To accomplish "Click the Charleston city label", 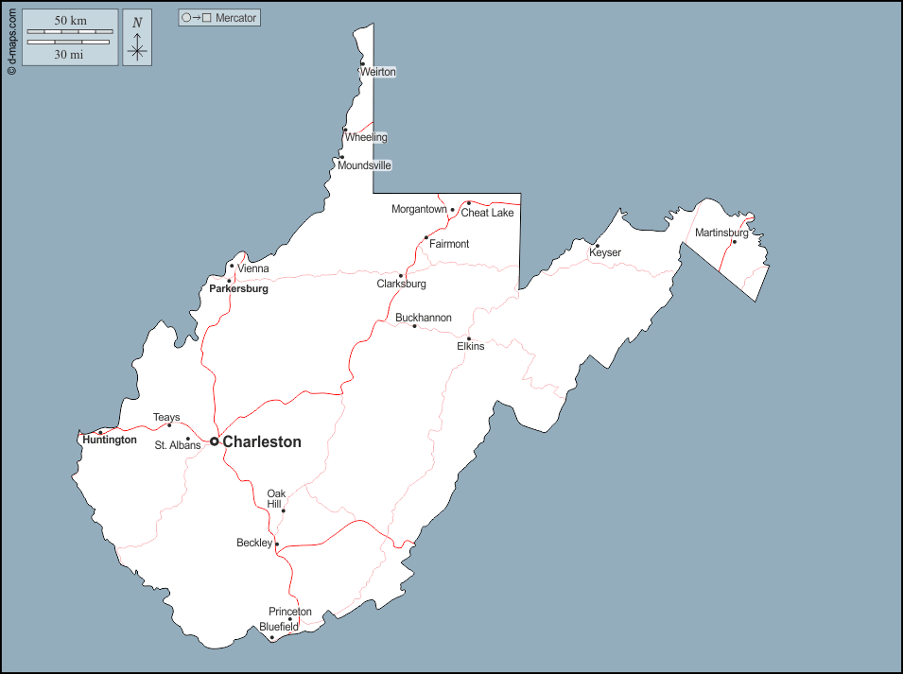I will [262, 441].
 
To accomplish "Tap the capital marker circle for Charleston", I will [215, 441].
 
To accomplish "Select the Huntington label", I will [110, 440].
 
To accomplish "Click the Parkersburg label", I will [238, 288].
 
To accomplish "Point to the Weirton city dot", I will [362, 64].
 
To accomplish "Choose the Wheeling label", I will [366, 137].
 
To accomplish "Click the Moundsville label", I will [364, 165].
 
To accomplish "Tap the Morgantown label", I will [419, 209].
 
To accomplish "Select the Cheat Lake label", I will [487, 213].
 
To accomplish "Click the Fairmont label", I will [449, 244].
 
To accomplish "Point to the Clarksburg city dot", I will [401, 276].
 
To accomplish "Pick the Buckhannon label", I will [424, 318].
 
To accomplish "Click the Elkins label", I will [470, 346].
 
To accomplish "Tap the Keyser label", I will [605, 252].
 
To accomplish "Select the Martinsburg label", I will [721, 233].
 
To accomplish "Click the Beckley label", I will [254, 543].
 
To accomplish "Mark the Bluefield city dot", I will [272, 637].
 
